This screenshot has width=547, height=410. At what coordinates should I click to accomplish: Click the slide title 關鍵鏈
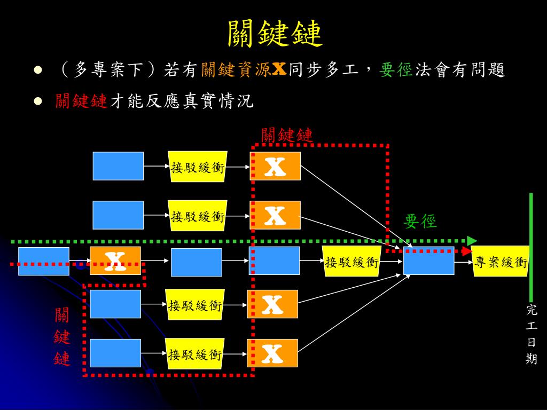pyautogui.click(x=275, y=34)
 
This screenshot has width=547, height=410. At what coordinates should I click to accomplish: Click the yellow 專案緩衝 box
pyautogui.click(x=501, y=262)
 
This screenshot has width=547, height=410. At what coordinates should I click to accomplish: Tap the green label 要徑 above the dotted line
pyautogui.click(x=420, y=221)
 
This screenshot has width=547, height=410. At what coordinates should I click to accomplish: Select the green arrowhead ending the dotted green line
pyautogui.click(x=472, y=241)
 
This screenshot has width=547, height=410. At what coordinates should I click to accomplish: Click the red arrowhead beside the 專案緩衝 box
pyautogui.click(x=467, y=251)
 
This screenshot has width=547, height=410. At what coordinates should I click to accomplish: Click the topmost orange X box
pyautogui.click(x=276, y=166)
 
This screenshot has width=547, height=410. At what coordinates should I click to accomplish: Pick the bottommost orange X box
pyautogui.click(x=272, y=353)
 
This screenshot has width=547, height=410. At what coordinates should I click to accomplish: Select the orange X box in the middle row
pyautogui.click(x=115, y=261)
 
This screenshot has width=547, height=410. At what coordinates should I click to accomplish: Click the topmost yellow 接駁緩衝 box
pyautogui.click(x=198, y=167)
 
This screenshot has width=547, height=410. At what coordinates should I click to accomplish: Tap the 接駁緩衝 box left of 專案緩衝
pyautogui.click(x=351, y=262)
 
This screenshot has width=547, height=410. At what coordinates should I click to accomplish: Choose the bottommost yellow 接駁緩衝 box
pyautogui.click(x=194, y=354)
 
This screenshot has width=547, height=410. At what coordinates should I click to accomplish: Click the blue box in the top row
pyautogui.click(x=118, y=166)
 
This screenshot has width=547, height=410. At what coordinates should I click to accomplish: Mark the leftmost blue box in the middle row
pyautogui.click(x=44, y=261)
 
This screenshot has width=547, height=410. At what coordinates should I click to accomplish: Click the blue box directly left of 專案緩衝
pyautogui.click(x=428, y=261)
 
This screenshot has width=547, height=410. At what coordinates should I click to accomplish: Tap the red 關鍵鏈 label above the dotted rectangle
pyautogui.click(x=286, y=135)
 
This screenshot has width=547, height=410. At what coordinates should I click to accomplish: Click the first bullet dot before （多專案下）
pyautogui.click(x=37, y=70)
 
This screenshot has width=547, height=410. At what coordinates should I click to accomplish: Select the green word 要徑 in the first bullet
pyautogui.click(x=396, y=70)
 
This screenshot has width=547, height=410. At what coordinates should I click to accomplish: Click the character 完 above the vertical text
pyautogui.click(x=531, y=310)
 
